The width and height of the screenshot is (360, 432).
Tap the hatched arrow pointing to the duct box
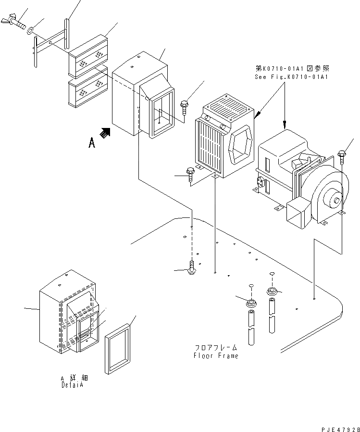105,132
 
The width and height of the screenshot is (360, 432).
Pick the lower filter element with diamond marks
88,89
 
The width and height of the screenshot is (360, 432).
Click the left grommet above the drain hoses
250,304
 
